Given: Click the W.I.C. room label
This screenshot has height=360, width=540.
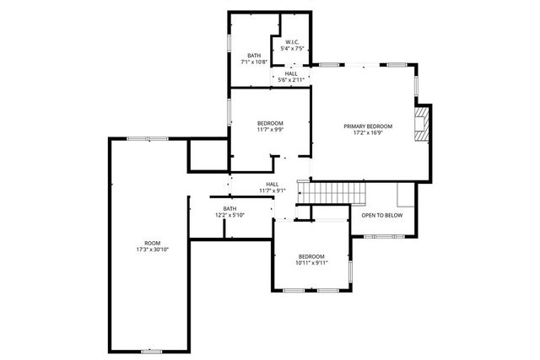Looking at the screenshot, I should pyautogui.click(x=292, y=42).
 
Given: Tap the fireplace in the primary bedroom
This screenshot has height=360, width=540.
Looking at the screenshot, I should pyautogui.click(x=424, y=121).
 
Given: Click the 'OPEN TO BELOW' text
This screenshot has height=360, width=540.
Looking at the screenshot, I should pyautogui.click(x=382, y=215).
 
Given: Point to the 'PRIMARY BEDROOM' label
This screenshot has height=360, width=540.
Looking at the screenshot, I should pyautogui.click(x=368, y=126).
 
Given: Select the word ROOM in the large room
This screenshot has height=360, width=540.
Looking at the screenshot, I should pyautogui.click(x=152, y=243).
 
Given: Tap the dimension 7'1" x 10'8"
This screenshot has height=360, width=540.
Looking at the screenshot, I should pyautogui.click(x=254, y=62).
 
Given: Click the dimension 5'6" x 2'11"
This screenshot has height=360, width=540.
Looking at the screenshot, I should pyautogui.click(x=291, y=79).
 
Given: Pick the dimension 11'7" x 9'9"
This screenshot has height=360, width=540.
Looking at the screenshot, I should pyautogui.click(x=270, y=130).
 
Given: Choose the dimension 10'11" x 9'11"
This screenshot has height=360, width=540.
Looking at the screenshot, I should pyautogui.click(x=311, y=262).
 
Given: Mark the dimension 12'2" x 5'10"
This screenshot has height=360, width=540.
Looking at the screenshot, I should pyautogui.click(x=229, y=215).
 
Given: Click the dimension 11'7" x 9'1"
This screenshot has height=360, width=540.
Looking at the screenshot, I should pyautogui.click(x=273, y=191).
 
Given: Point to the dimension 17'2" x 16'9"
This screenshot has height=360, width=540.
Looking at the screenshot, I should pyautogui.click(x=368, y=132).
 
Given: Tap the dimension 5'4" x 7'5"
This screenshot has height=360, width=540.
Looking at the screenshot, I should pyautogui.click(x=292, y=49).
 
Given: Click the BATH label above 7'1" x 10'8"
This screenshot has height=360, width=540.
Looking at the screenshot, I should pyautogui.click(x=254, y=56).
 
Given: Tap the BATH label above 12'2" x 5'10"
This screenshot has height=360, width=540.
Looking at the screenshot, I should pyautogui.click(x=229, y=208).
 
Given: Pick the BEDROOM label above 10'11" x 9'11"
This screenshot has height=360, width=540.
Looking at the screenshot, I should pyautogui.click(x=311, y=255).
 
